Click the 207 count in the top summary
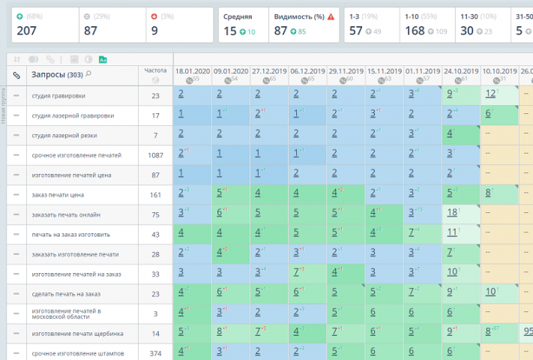pyautogui.click(x=26, y=31)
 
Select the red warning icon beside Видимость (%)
pyautogui.click(x=331, y=16)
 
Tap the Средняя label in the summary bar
pyautogui.click(x=237, y=16)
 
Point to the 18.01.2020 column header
pyautogui.click(x=192, y=71)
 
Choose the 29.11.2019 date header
pyautogui.click(x=346, y=71)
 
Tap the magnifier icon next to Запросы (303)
pyautogui.click(x=88, y=74)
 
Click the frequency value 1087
pyautogui.click(x=155, y=154)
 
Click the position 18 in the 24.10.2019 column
pyautogui.click(x=452, y=213)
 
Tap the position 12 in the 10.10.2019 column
pyautogui.click(x=490, y=94)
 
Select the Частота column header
pyautogui.click(x=155, y=70)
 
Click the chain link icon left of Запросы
pyautogui.click(x=16, y=75)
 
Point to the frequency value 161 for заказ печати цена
pyautogui.click(x=155, y=194)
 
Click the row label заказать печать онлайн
pyautogui.click(x=66, y=214)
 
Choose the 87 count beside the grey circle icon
pyautogui.click(x=91, y=31)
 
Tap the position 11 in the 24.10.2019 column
pyautogui.click(x=452, y=232)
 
